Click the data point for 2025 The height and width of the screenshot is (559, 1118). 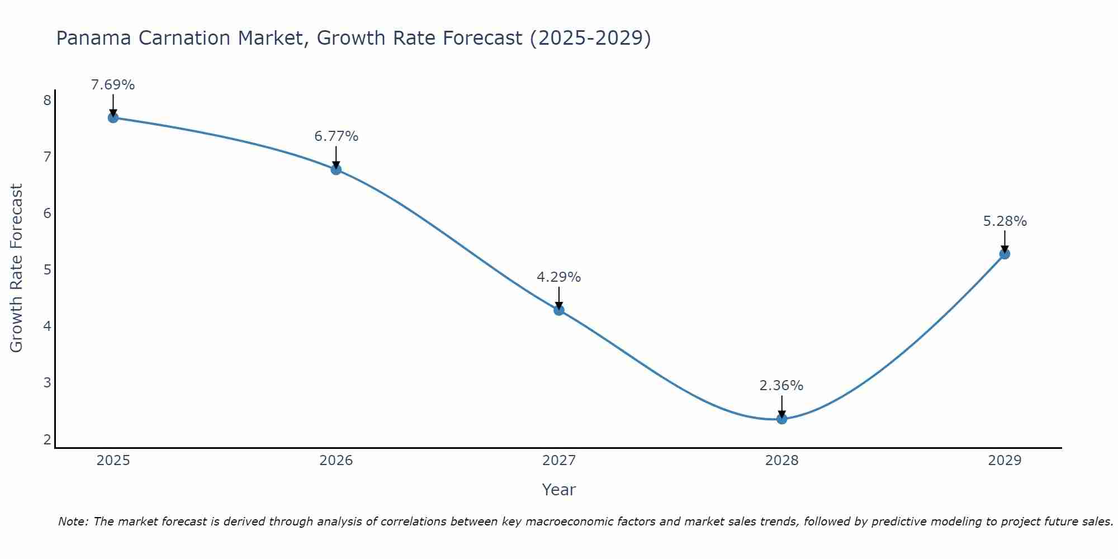coord(113,117)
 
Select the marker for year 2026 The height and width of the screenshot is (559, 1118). coord(336,169)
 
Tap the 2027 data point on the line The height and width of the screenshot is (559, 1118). coord(559,310)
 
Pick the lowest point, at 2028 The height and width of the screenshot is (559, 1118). coord(781,419)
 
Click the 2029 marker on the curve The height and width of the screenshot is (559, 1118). coord(1005,254)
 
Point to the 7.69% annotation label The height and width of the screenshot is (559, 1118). coord(113,85)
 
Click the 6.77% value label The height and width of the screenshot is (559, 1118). coord(336,136)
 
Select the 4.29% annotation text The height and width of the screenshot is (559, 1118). coord(559,277)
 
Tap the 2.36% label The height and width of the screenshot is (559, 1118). coord(781,386)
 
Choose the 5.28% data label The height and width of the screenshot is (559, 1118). coord(1005,221)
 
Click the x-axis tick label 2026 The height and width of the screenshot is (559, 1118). coord(336,461)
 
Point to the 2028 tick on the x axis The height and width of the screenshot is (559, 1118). coord(781,461)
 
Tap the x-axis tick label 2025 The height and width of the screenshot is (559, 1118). coord(113,461)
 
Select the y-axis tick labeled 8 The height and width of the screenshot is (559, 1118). coord(47,100)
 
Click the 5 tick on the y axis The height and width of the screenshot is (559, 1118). coord(47,270)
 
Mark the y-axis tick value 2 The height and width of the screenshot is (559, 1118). coord(47,440)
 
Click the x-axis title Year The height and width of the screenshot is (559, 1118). coord(558,490)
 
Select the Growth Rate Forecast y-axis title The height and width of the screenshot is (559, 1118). coord(17,268)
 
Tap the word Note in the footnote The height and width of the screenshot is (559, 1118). coord(73,522)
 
